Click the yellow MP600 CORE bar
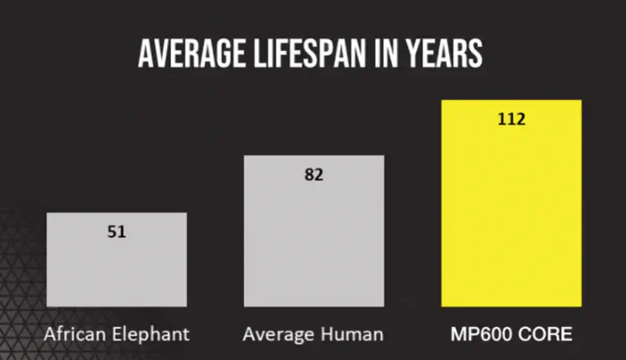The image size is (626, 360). pyautogui.click(x=511, y=215)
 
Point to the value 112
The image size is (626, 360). pyautogui.click(x=511, y=119)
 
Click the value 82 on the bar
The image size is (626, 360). pyautogui.click(x=314, y=175)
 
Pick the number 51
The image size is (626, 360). pyautogui.click(x=116, y=232)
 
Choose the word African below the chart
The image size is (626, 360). pyautogui.click(x=72, y=334)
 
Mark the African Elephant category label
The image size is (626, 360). pyautogui.click(x=116, y=335)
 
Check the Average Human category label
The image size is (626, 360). pyautogui.click(x=313, y=335)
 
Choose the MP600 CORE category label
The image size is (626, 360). pyautogui.click(x=512, y=334)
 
